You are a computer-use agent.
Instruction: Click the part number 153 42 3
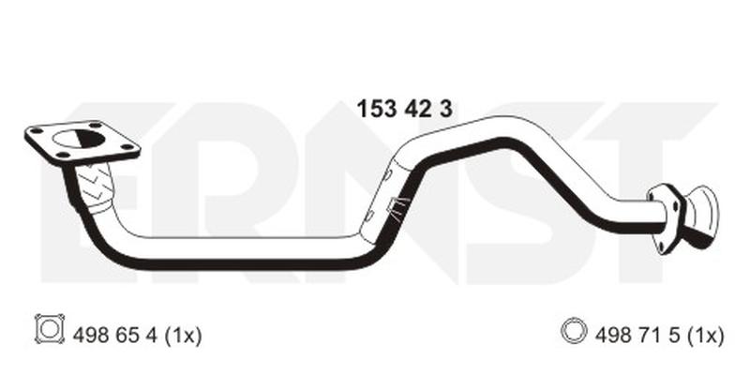click(x=404, y=110)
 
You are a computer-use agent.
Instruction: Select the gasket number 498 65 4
click(x=114, y=336)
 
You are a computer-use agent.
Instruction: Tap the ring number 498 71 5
click(x=638, y=336)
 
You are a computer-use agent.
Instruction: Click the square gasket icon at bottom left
click(x=50, y=329)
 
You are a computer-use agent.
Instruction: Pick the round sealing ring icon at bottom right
click(x=574, y=331)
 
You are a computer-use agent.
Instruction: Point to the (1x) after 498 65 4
click(x=183, y=336)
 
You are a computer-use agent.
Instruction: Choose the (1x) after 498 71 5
click(x=706, y=336)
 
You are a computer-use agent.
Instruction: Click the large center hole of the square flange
click(x=79, y=139)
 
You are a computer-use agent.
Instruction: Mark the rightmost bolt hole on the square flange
click(x=127, y=147)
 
